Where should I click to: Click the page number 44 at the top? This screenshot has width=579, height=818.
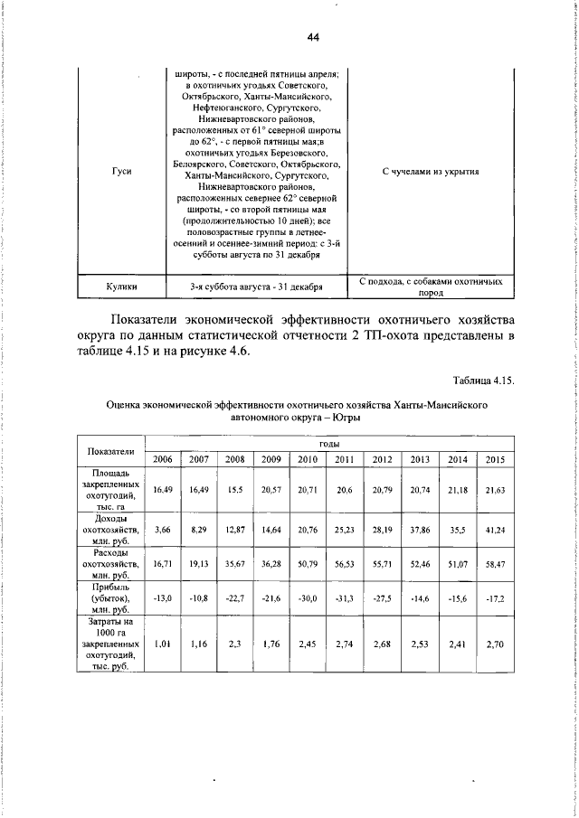tap(314, 37)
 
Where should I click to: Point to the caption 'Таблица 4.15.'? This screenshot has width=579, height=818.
tap(482, 381)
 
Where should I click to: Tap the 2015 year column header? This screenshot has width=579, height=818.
tap(494, 459)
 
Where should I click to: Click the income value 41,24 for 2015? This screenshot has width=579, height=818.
tap(494, 529)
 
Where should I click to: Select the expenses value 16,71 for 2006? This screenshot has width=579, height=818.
tap(163, 562)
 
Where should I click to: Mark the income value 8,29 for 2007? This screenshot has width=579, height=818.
tap(199, 529)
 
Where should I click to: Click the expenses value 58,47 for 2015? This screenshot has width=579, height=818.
tap(494, 562)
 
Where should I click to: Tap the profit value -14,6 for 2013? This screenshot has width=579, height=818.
tap(421, 596)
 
